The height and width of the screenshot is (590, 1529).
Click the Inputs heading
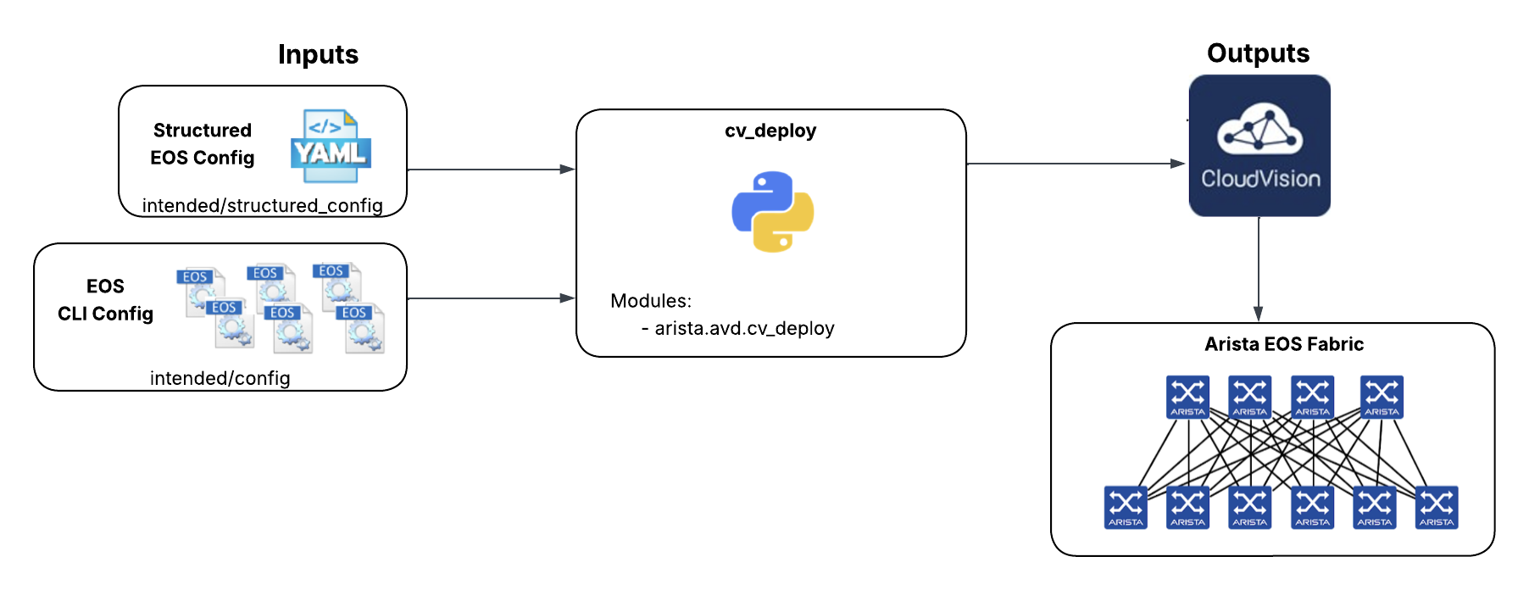coord(318,54)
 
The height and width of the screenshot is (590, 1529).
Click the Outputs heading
coord(1258,53)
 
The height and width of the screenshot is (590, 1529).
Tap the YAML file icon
coord(331,146)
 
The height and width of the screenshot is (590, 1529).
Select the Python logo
coord(772,212)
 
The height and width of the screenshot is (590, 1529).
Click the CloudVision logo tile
coord(1259,146)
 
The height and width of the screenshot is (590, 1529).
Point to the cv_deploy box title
coord(770,131)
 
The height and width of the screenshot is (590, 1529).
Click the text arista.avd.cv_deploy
coord(744,328)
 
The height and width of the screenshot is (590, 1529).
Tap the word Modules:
coord(651,301)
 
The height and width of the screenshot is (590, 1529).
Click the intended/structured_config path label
coord(262,205)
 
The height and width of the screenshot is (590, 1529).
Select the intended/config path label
coord(220,378)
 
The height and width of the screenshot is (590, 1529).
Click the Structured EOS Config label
coord(202,144)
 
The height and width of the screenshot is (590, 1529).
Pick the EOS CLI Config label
coord(105,300)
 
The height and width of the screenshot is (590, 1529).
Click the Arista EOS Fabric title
coord(1284,344)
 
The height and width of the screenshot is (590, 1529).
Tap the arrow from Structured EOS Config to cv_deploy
coord(491,170)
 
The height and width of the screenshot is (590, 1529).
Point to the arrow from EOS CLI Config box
coord(491,298)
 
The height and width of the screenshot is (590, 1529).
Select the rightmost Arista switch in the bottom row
coord(1437,508)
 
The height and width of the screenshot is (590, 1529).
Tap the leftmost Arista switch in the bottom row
coord(1126,508)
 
